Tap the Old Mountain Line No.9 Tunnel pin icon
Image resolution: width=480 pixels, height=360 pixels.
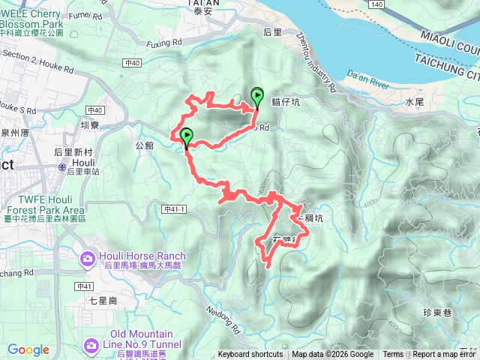coord(91,345)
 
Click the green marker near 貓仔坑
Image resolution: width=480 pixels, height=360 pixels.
coord(257,95)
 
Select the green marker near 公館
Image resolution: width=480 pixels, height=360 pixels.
coord(186,136)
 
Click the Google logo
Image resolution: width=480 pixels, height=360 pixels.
coord(28,349)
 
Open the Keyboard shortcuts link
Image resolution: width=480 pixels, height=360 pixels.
coord(250,355)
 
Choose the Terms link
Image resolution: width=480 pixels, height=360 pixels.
coord(392,355)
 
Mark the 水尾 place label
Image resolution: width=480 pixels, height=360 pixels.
coord(415,101)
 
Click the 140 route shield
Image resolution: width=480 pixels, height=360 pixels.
coord(376,4)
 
